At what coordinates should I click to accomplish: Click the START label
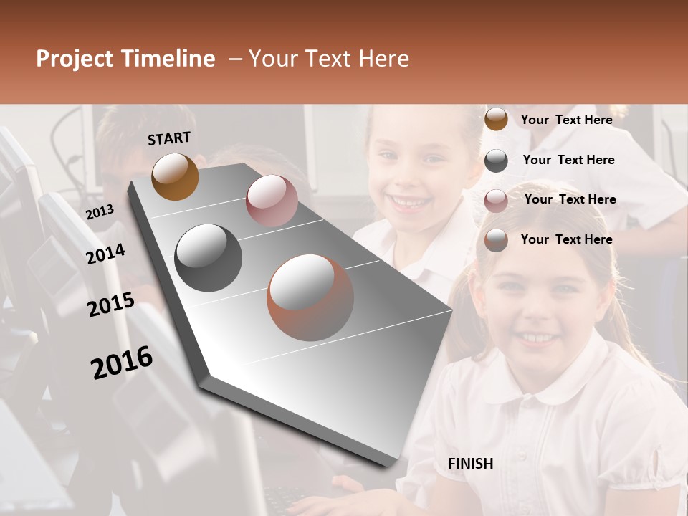pyautogui.click(x=169, y=138)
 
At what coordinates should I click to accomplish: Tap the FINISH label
pyautogui.click(x=470, y=464)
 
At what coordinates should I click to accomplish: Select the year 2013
pyautogui.click(x=100, y=211)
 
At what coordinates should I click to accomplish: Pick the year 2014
pyautogui.click(x=105, y=254)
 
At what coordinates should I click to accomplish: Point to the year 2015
pyautogui.click(x=111, y=305)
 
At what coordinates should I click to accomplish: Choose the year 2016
pyautogui.click(x=122, y=362)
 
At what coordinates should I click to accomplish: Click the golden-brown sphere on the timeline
pyautogui.click(x=175, y=176)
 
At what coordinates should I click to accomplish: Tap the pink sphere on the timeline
pyautogui.click(x=272, y=201)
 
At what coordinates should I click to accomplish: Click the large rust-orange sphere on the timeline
pyautogui.click(x=310, y=297)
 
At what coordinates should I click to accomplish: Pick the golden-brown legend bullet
pyautogui.click(x=496, y=120)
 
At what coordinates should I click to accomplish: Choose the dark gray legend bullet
pyautogui.click(x=496, y=161)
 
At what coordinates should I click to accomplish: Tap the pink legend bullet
pyautogui.click(x=496, y=201)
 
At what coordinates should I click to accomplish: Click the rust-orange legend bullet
pyautogui.click(x=496, y=240)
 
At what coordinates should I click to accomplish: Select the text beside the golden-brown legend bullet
pyautogui.click(x=566, y=120)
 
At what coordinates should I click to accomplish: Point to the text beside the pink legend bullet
pyautogui.click(x=570, y=199)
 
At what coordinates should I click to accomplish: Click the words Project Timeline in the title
pyautogui.click(x=125, y=59)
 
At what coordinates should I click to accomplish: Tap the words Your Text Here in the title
pyautogui.click(x=329, y=59)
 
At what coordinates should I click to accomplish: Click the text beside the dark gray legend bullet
pyautogui.click(x=568, y=160)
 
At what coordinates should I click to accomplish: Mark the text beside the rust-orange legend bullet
pyautogui.click(x=566, y=239)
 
